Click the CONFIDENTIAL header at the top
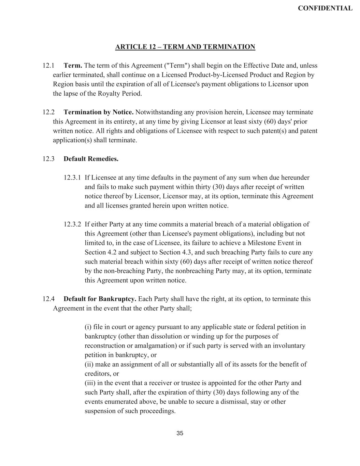click(325, 8)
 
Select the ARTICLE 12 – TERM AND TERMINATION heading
click(185, 47)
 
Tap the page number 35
click(180, 433)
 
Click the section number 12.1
click(48, 66)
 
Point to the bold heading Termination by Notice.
click(99, 112)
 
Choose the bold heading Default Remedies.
click(91, 159)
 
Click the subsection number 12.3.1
click(72, 178)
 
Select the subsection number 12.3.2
click(72, 224)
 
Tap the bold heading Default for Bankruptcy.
click(100, 299)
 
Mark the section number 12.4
click(48, 299)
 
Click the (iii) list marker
click(90, 383)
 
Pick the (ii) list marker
click(89, 364)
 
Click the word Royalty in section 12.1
click(111, 94)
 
